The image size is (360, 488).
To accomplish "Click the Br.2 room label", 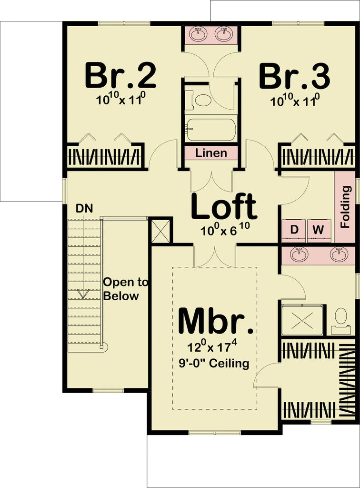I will (120, 76).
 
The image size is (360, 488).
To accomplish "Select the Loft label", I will (224, 207).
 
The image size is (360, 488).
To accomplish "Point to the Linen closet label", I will (211, 153).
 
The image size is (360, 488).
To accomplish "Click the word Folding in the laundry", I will (346, 206).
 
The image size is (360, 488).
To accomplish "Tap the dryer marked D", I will (294, 230).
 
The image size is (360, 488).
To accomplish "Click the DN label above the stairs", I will (84, 208).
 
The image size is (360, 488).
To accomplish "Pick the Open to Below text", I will (119, 289).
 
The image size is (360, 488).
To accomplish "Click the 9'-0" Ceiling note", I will (215, 364).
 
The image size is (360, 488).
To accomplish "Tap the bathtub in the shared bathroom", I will (211, 129).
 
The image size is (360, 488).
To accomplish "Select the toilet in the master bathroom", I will (340, 317).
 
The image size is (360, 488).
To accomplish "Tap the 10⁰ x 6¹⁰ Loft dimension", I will (224, 231).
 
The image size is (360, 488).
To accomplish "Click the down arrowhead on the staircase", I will (83, 294).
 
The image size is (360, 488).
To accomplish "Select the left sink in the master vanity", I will (299, 254).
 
